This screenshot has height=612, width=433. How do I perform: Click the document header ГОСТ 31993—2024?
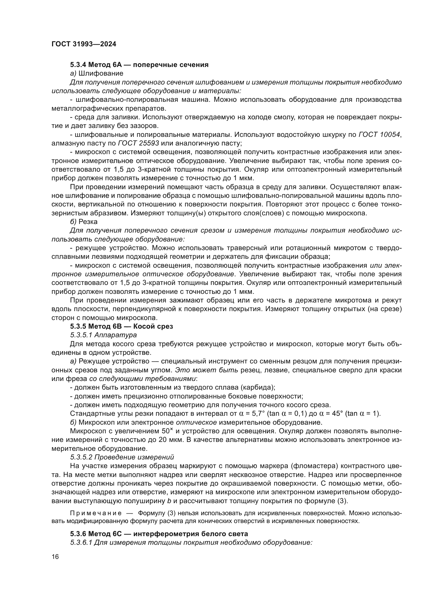coord(84,44)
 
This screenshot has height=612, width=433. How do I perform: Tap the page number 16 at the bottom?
coord(55,557)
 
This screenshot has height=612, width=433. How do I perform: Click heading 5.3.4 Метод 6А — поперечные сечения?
coord(139,65)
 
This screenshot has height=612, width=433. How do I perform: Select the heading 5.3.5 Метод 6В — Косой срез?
coord(121,326)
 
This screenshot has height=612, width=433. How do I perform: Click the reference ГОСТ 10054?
coord(379,134)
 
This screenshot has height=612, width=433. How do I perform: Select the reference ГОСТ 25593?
coord(138,143)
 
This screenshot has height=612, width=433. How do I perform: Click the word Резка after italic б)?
coord(88,222)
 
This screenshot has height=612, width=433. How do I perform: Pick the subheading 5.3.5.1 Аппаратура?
coord(103,335)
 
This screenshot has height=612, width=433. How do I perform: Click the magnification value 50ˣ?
coord(168,431)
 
